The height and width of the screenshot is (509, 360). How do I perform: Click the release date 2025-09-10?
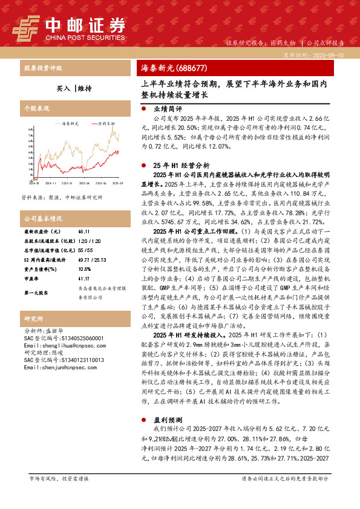coord(330,54)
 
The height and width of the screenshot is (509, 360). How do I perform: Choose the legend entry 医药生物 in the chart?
coord(106,123)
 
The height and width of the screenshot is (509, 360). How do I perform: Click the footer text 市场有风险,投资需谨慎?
coord(59,478)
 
